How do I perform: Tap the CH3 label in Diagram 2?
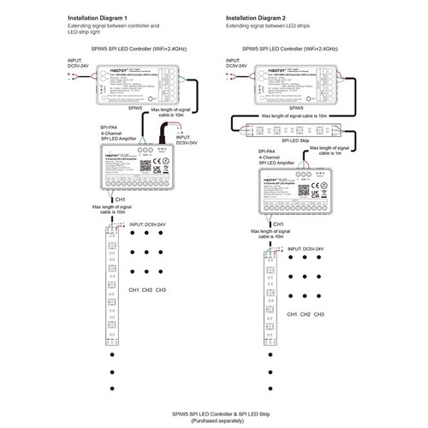[318, 314]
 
